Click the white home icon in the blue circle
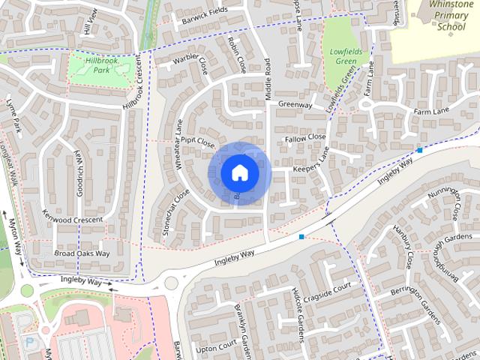click(x=239, y=172)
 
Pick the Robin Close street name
click(x=236, y=55)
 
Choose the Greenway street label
click(x=295, y=105)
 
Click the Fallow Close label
click(x=305, y=138)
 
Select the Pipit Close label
click(x=198, y=142)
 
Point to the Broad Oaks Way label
click(x=82, y=253)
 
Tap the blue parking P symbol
click(x=29, y=341)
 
